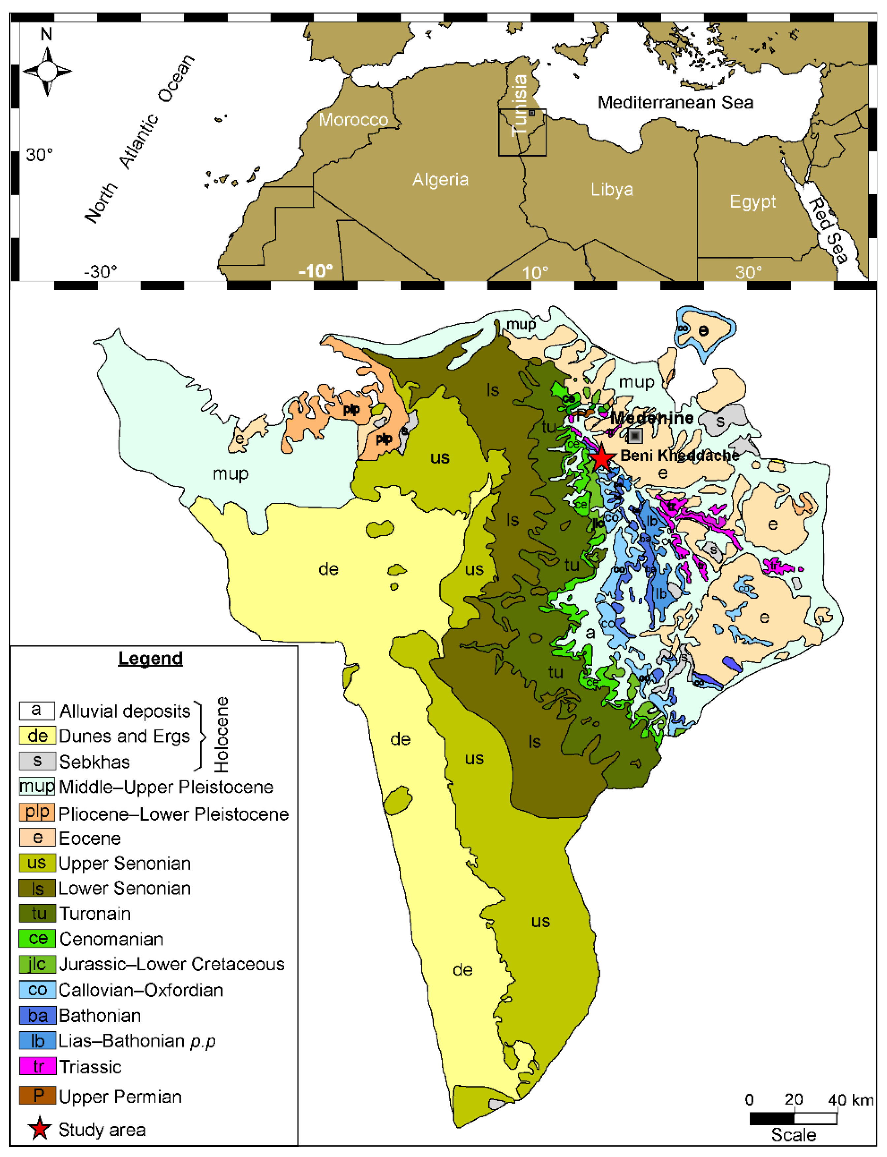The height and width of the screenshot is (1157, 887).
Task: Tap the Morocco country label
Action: pyautogui.click(x=353, y=120)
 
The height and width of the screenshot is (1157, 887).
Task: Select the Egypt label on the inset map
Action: pyautogui.click(x=752, y=202)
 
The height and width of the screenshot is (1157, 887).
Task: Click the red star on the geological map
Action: pyautogui.click(x=601, y=458)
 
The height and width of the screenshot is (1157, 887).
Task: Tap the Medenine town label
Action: pyautogui.click(x=652, y=418)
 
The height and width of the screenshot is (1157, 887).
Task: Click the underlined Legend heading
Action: pyautogui.click(x=150, y=659)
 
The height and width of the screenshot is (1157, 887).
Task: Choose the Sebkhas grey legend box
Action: pyautogui.click(x=37, y=761)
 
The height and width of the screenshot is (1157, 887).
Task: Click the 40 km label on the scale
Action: pyautogui.click(x=850, y=1100)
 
